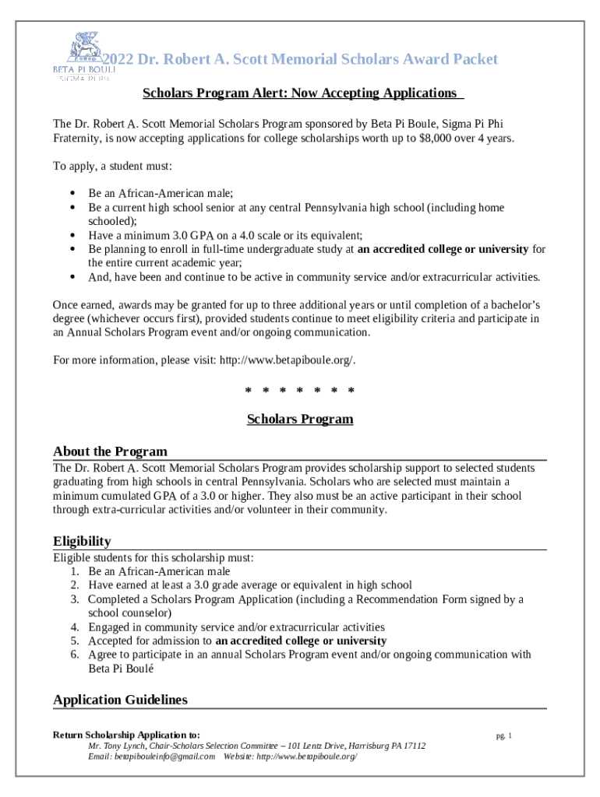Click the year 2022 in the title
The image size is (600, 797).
point(119,60)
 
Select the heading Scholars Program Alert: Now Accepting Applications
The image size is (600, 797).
point(302,93)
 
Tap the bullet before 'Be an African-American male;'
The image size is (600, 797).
point(72,194)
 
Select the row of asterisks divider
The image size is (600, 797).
point(300,390)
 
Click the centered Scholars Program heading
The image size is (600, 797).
point(300,420)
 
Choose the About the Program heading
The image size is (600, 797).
point(110,452)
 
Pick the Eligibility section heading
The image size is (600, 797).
point(82,542)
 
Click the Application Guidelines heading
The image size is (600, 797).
point(120,700)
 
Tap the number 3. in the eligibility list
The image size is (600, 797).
point(75,599)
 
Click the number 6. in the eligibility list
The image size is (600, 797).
point(75,655)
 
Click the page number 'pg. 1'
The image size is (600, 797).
point(503,736)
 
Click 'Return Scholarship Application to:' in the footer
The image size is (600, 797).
point(126,735)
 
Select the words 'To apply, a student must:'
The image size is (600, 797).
point(112,167)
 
